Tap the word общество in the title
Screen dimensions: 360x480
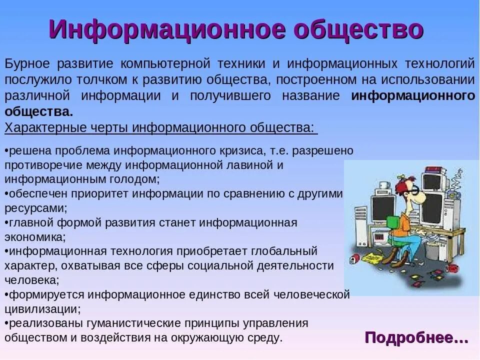coord(358,30)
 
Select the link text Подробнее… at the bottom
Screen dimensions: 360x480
coord(416,337)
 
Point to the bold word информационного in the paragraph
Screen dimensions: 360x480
coord(413,96)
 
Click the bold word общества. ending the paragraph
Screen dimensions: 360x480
coord(39,111)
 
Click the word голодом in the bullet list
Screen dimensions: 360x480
coord(136,178)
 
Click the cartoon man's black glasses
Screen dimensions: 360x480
coord(413,190)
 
